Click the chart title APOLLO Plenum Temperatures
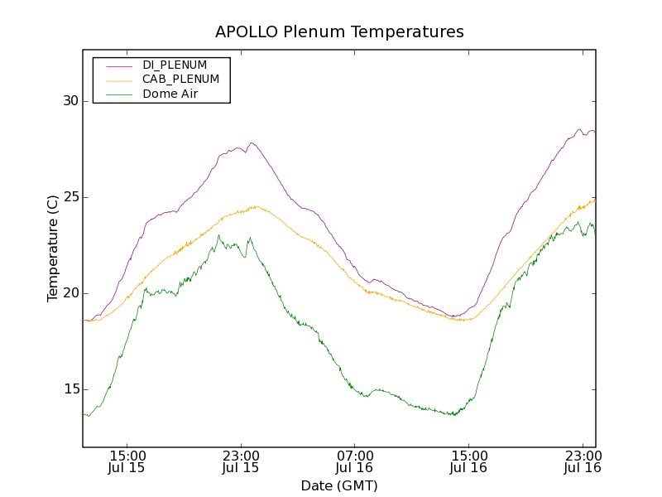339,32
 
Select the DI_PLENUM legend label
175,65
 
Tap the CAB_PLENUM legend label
180,80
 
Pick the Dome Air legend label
170,94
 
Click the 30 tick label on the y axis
69,101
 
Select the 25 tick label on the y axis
69,197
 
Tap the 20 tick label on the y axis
69,293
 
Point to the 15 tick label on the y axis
69,389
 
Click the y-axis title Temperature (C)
53,248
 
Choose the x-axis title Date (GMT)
339,485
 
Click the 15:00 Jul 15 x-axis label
127,461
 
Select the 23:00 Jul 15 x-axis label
241,461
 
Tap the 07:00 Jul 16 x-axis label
355,461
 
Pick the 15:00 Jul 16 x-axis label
468,461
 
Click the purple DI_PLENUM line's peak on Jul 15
252,142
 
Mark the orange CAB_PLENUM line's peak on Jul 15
257,206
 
